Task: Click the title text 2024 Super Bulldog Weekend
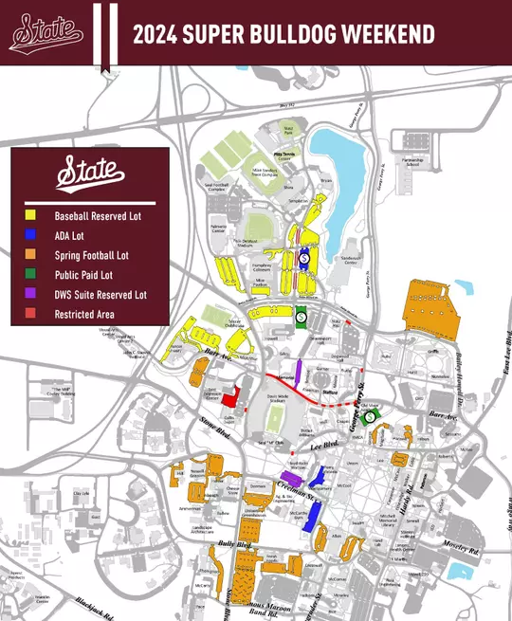coord(283,35)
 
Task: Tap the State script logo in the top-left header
coord(46,34)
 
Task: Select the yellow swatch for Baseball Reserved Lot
coord(32,215)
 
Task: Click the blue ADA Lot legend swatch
coord(32,235)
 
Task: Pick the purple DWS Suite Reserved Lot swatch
coord(32,294)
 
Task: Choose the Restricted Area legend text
coord(85,314)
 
